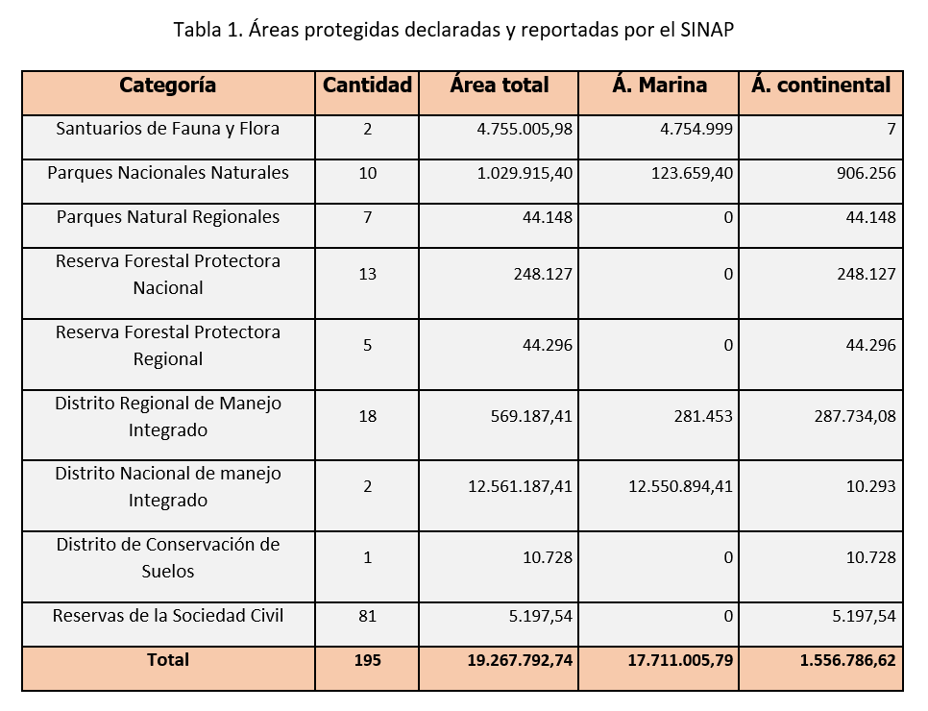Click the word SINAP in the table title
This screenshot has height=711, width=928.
[707, 30]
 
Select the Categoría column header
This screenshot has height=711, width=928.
[167, 86]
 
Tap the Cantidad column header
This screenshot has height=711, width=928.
[367, 86]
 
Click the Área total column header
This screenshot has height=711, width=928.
[499, 85]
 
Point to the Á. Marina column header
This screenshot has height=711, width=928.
[659, 85]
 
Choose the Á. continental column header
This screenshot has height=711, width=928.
[820, 85]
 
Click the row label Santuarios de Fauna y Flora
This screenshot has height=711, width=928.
[167, 129]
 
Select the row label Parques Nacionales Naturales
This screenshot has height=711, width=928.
[168, 173]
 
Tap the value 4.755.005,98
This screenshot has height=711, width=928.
[525, 129]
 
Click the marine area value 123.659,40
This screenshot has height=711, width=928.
[692, 173]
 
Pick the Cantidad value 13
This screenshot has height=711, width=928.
[368, 274]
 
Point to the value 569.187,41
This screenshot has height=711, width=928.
[531, 416]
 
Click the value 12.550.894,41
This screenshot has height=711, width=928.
[680, 486]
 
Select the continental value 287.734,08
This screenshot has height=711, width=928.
[855, 416]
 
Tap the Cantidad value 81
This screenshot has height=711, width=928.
[368, 616]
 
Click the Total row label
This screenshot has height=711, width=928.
[168, 660]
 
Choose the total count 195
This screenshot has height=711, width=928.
[368, 660]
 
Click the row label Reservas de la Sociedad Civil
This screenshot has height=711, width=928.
[168, 616]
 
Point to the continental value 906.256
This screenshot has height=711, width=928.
[867, 173]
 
